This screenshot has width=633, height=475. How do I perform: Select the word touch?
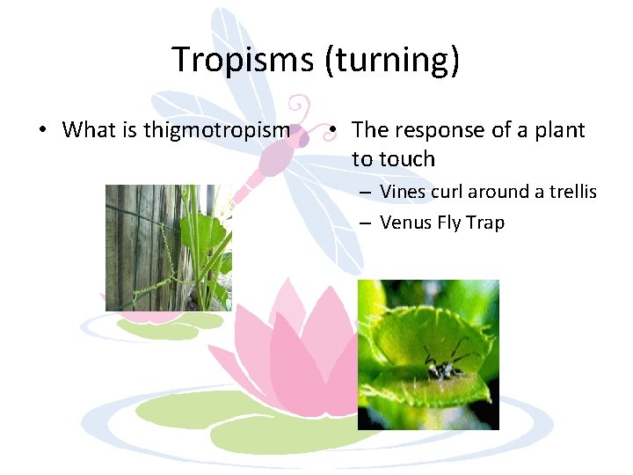(406, 159)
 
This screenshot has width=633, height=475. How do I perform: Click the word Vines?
(403, 192)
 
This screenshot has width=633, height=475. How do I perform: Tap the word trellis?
(572, 192)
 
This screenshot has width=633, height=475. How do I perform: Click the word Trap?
(486, 223)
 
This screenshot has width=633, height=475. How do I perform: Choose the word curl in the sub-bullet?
(448, 192)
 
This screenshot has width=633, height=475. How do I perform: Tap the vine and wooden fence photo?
(168, 247)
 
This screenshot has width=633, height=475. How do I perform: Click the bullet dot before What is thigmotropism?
(43, 131)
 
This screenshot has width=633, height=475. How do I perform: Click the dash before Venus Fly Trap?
(364, 223)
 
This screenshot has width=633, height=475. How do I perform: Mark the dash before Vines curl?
(364, 193)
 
